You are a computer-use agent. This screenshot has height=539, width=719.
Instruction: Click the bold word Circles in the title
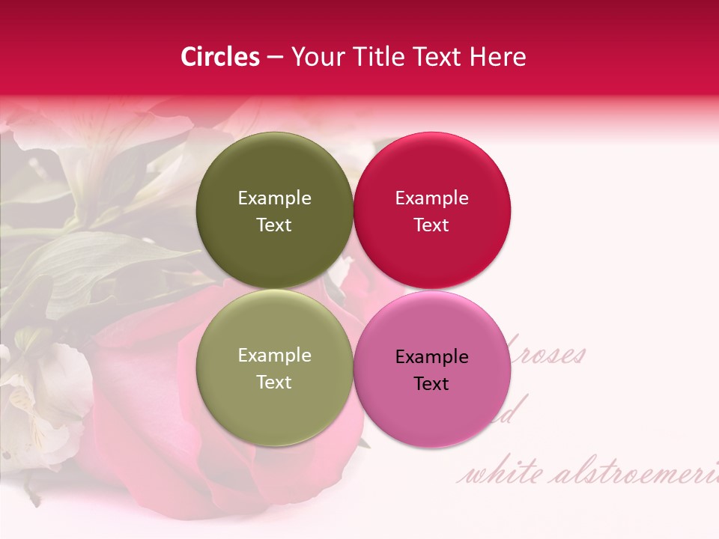pos(220,57)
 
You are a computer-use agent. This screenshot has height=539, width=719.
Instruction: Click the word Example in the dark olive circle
pos(274,198)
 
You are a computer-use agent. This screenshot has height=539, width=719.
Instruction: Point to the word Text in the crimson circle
pos(431,225)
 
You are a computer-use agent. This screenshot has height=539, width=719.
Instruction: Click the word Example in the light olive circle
pos(274,356)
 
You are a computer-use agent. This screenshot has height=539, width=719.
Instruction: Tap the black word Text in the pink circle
pos(431,384)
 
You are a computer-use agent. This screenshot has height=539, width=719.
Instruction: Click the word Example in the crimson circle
pos(431,198)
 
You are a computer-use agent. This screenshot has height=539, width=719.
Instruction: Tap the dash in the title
pos(275,58)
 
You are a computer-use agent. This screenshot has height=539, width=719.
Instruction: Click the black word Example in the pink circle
pos(431,357)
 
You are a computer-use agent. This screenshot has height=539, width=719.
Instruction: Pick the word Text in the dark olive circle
pos(274,225)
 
